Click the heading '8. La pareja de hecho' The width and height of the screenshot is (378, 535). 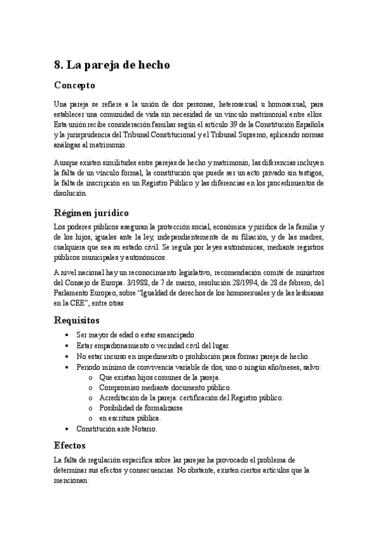[112, 64]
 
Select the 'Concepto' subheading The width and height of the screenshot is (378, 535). [74, 85]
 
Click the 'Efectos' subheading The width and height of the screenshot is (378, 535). [71, 444]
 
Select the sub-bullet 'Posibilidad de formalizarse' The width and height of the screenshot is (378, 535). [139, 408]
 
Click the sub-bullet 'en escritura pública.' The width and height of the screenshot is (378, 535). [130, 418]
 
